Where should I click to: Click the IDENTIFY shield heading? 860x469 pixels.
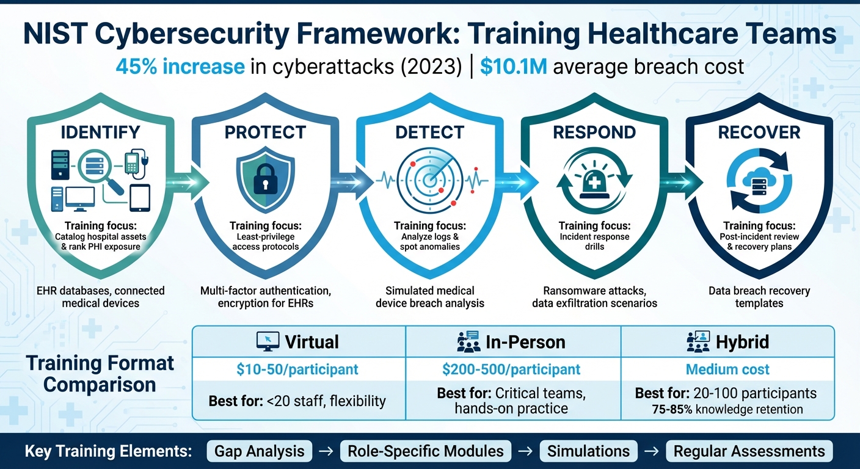[x=100, y=132]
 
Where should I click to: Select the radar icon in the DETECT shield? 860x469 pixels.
[x=430, y=177]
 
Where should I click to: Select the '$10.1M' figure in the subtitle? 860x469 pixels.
[x=514, y=66]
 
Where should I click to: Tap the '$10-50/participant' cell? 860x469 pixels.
[x=299, y=369]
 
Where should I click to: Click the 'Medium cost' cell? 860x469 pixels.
[x=727, y=369]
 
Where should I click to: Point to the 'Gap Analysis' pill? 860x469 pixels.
[x=260, y=451]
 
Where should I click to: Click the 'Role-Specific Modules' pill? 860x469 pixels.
[x=426, y=451]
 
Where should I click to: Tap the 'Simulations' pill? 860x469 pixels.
[x=588, y=451]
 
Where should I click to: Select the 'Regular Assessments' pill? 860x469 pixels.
[x=749, y=451]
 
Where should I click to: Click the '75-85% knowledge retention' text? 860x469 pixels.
[x=727, y=409]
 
